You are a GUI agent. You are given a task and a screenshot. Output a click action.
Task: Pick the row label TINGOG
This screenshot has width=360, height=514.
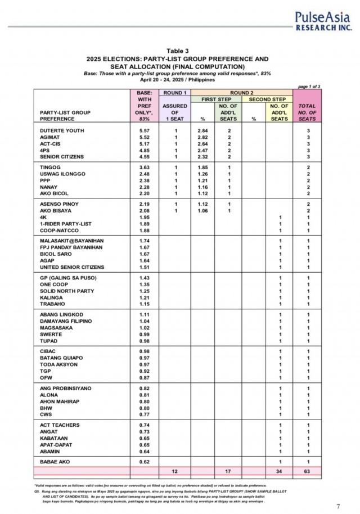click(x=49, y=167)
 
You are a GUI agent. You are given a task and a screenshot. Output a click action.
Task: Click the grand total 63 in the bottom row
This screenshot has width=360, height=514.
click(x=307, y=470)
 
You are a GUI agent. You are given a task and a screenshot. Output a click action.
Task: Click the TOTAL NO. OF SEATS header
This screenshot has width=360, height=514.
click(x=307, y=112)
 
